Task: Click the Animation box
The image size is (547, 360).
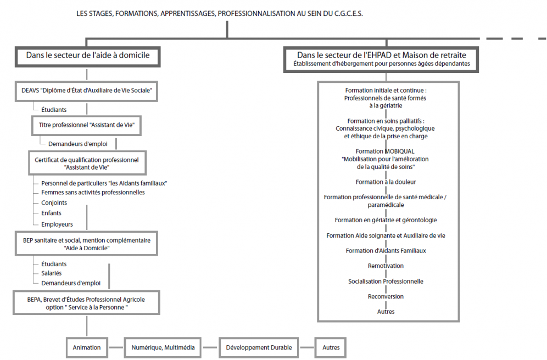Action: [87, 347]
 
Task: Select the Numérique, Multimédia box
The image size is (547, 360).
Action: [163, 347]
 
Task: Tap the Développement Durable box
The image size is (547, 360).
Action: [259, 347]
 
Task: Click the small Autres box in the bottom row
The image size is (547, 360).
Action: [331, 347]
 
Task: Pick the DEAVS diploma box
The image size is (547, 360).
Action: [87, 91]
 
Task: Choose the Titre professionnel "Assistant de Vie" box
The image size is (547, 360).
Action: [87, 126]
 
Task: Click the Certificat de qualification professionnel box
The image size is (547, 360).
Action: [87, 163]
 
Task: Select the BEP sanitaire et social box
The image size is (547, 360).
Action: [87, 244]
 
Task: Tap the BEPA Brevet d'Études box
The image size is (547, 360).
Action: [87, 303]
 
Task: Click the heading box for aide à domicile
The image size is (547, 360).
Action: [87, 57]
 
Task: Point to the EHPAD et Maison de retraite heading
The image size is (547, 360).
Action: [381, 59]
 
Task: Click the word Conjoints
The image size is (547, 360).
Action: [54, 203]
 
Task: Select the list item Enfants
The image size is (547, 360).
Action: [51, 213]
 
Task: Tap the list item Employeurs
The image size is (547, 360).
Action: [57, 224]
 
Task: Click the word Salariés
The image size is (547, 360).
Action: [51, 273]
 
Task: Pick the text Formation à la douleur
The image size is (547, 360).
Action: [386, 182]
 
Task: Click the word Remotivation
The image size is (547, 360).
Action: [386, 266]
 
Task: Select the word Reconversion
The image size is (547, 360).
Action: [386, 296]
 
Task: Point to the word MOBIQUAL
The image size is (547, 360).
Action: [399, 151]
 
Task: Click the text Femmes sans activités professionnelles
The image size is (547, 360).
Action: [93, 193]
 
